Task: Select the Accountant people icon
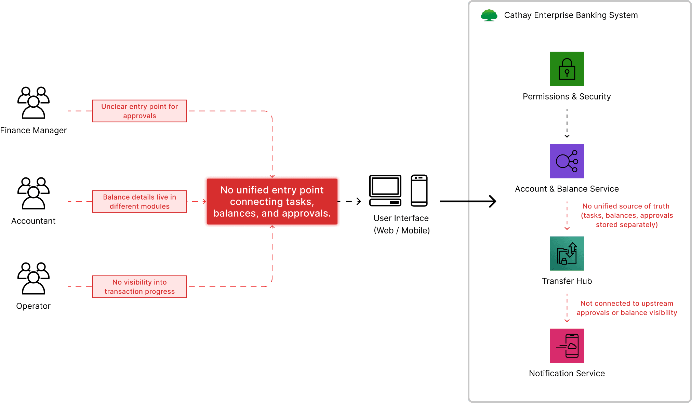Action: pos(34,193)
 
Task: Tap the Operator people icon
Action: pos(34,278)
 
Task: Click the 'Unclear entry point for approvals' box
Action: pos(139,111)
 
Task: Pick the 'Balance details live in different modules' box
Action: pos(139,202)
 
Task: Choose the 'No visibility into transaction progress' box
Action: pos(139,287)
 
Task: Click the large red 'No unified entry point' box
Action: pos(272,202)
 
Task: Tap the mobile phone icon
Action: pos(419,190)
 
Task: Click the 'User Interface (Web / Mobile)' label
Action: pos(401,224)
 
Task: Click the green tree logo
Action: pos(489,15)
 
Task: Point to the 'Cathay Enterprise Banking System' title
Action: pos(571,15)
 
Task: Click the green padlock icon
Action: pos(567,69)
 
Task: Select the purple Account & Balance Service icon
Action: pos(567,161)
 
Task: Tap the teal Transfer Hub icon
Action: pos(567,253)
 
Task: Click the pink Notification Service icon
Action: pos(567,346)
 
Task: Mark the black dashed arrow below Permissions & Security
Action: pos(567,123)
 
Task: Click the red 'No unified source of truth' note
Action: pos(626,215)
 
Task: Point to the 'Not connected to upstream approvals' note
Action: pos(627,308)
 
